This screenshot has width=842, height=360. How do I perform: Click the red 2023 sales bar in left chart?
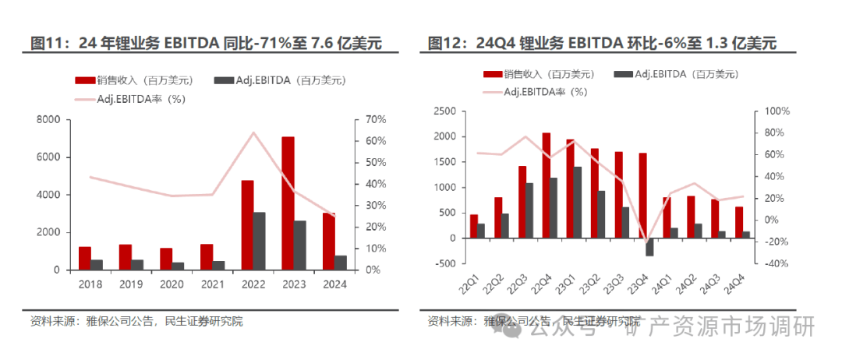click(x=288, y=203)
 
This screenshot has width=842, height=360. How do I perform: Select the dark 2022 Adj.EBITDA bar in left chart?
click(x=260, y=241)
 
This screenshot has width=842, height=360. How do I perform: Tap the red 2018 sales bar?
click(x=85, y=258)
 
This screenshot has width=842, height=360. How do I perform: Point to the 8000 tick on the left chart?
click(x=48, y=120)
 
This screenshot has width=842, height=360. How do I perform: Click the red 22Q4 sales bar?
click(x=546, y=185)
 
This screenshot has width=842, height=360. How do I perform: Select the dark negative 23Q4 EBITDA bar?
click(x=649, y=246)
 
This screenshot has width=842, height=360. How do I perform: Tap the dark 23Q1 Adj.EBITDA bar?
click(x=578, y=203)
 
